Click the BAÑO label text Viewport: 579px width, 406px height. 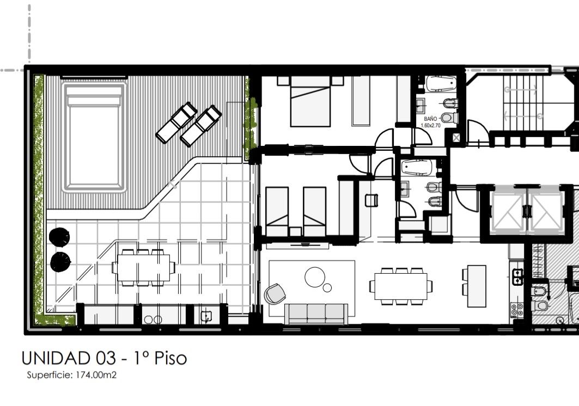pos(430,119)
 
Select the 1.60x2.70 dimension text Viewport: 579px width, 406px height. pos(430,126)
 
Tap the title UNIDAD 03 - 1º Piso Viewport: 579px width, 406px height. pos(104,358)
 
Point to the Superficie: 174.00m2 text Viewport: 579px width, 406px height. pos(72,375)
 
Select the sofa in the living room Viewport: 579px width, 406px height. pos(316,313)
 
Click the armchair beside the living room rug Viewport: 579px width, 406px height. pos(275,294)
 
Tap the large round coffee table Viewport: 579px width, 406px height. pos(315,277)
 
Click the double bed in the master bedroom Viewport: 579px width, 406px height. pos(310,101)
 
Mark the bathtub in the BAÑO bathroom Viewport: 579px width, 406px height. pos(441,84)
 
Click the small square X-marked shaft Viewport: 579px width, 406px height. pos(456,138)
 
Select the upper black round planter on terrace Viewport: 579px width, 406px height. pos(59,237)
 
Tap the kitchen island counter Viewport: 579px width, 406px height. pos(477,286)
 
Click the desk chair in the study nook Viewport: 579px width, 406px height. pos(371,200)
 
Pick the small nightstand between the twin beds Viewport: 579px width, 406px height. pos(295,232)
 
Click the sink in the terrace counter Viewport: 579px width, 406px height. pos(206,316)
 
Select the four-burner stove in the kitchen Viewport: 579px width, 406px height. pos(516,310)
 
